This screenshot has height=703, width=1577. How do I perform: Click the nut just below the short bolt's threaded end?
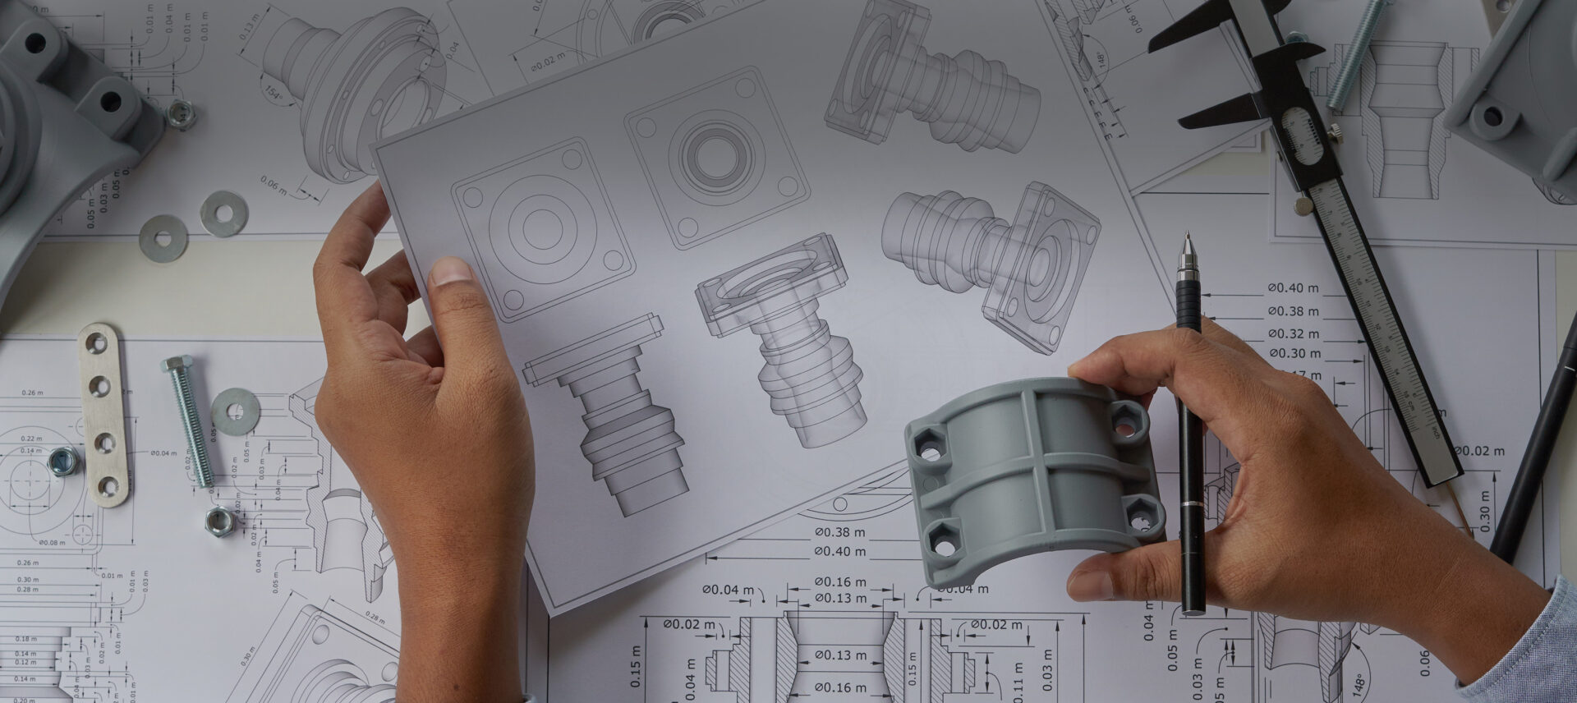(x=218, y=519)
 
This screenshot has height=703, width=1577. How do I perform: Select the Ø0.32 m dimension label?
(x=1294, y=333)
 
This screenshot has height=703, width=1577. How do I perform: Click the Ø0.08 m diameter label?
(x=52, y=542)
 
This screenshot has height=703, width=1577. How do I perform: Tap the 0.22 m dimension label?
(x=31, y=439)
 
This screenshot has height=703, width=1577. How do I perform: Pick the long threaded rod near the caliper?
(x=1356, y=53)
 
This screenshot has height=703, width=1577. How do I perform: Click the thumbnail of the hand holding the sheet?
(x=451, y=272)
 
